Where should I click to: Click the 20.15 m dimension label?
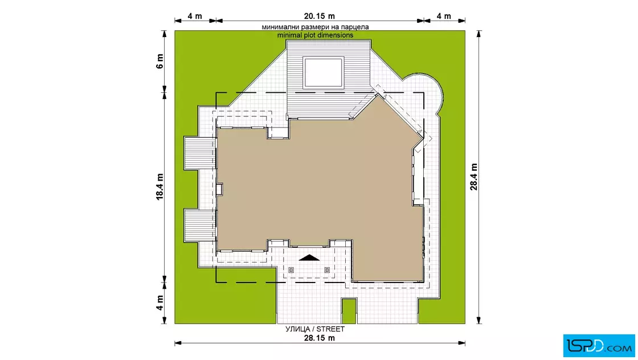coord(320,17)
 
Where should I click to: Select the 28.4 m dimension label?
coord(474,177)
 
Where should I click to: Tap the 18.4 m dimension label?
coord(159,187)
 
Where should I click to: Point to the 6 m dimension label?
coord(159,62)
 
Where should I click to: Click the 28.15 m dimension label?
coord(320,338)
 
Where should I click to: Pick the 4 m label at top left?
coord(195,17)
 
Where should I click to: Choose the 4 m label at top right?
coord(444,17)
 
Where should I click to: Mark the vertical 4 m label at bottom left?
coord(159,302)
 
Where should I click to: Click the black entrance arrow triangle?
coord(309,257)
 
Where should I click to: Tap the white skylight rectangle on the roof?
coord(323,72)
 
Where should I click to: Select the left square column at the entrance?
coord(291,269)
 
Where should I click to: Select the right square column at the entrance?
coord(327,269)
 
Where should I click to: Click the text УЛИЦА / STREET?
coord(315,329)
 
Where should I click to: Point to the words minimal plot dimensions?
coord(316,35)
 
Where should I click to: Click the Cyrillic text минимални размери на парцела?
coord(316,27)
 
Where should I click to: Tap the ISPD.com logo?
coord(599,346)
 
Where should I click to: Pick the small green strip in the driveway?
coord(349,311)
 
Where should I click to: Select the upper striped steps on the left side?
coord(200,153)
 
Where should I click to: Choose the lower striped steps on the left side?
coord(200,226)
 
